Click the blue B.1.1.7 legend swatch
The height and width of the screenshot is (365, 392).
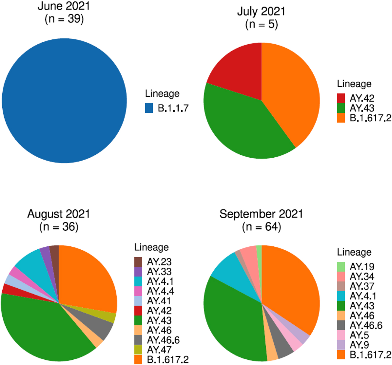coord(149,108)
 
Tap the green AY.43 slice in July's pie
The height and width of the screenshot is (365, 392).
coord(240,124)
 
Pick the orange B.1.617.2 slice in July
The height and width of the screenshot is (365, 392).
coord(290,95)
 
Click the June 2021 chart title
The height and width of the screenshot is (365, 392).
coord(64,6)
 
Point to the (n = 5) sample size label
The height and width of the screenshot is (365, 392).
coord(262,24)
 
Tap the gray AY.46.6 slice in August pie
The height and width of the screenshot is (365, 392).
coord(104,328)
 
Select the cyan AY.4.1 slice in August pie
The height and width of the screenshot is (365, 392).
coord(30,262)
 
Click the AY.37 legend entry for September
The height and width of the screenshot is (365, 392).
coord(362,286)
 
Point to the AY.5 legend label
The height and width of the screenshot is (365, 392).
coord(359,335)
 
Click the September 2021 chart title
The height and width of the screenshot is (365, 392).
coord(261,214)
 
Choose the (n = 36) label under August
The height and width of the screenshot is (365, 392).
coord(59,227)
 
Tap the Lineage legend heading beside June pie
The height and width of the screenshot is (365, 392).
coord(162,93)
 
